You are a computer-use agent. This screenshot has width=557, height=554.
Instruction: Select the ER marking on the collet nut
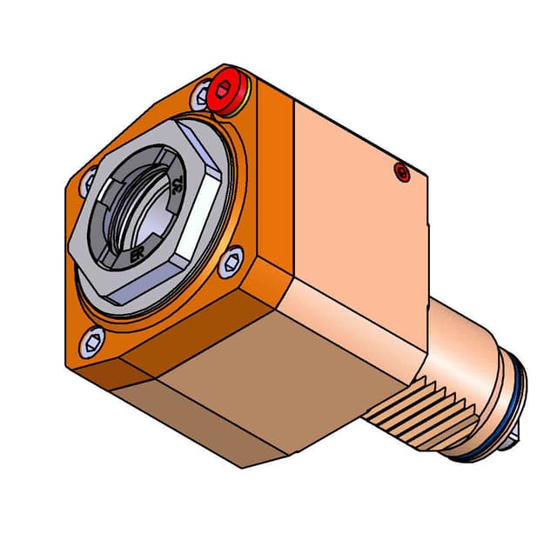point(137,257)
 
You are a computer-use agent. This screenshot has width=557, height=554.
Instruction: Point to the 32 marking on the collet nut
point(178,184)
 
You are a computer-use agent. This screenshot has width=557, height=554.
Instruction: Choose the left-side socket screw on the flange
point(88,182)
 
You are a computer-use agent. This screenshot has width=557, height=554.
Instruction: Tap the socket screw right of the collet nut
point(233,259)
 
